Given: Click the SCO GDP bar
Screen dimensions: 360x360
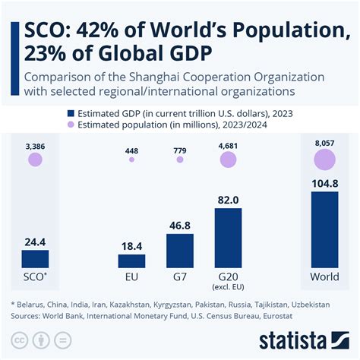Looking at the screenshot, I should (35, 258).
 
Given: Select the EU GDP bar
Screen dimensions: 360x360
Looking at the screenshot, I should (131, 261).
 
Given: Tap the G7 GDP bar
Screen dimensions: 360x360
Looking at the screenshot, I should (180, 251).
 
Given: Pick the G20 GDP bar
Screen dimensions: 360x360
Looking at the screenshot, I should (228, 238).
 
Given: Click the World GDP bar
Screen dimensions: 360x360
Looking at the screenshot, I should (324, 229).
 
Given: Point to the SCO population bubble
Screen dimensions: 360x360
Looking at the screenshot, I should (35, 159).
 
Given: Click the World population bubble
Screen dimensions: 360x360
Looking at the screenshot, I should (324, 159).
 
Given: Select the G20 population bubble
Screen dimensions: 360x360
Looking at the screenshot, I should (228, 159).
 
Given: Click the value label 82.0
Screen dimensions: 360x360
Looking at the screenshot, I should (228, 199).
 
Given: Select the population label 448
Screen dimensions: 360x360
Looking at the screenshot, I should (131, 150).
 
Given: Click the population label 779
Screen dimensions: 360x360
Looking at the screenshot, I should (180, 150).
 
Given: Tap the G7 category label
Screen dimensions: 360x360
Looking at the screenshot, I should (180, 276).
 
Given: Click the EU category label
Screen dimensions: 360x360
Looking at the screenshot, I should (131, 276).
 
